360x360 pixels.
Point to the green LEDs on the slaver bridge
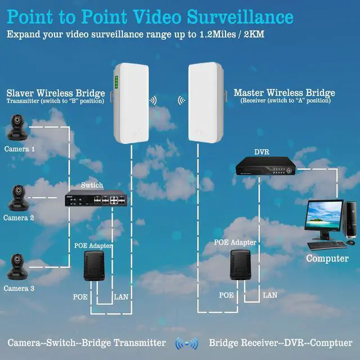click(x=116, y=83)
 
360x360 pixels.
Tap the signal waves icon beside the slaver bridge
click(x=152, y=101)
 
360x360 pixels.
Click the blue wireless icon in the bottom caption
click(x=187, y=343)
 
